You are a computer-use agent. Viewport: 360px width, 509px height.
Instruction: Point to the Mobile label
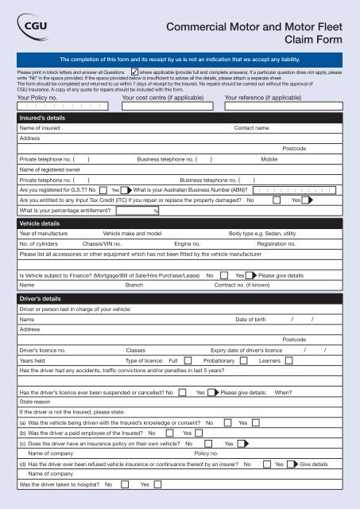(269, 159)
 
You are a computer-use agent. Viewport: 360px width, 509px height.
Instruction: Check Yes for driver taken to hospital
(157, 484)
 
